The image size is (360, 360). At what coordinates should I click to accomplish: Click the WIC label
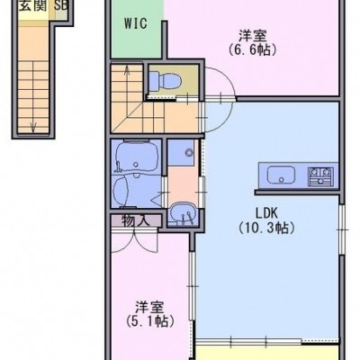click(x=136, y=23)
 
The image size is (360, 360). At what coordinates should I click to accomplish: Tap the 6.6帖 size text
click(x=252, y=49)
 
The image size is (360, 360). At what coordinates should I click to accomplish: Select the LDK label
click(x=266, y=213)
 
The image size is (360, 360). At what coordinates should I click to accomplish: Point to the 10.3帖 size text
click(x=266, y=228)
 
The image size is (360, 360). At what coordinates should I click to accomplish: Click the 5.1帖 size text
click(x=150, y=321)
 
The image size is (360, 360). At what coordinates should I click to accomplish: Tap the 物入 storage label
click(x=136, y=221)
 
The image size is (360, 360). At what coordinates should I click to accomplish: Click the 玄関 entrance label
click(x=33, y=6)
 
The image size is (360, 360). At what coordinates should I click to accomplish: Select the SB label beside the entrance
click(x=60, y=6)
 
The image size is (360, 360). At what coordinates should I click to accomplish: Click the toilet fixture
click(x=165, y=80)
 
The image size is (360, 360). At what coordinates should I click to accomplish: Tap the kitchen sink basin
click(x=281, y=175)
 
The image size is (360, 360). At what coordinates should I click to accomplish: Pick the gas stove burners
click(x=320, y=176)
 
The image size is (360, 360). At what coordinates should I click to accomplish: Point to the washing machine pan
click(x=181, y=152)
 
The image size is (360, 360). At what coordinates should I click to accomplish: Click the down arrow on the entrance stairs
click(x=33, y=127)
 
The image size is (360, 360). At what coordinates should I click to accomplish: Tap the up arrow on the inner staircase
click(x=127, y=73)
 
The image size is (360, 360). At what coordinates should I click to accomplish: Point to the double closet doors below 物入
click(x=134, y=240)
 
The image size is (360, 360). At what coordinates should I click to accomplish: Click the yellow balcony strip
click(x=267, y=353)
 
